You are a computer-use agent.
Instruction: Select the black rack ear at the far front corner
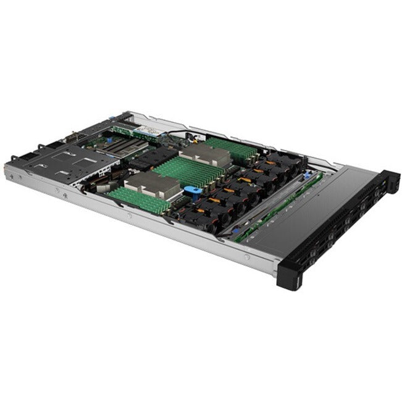(x=390, y=180)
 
